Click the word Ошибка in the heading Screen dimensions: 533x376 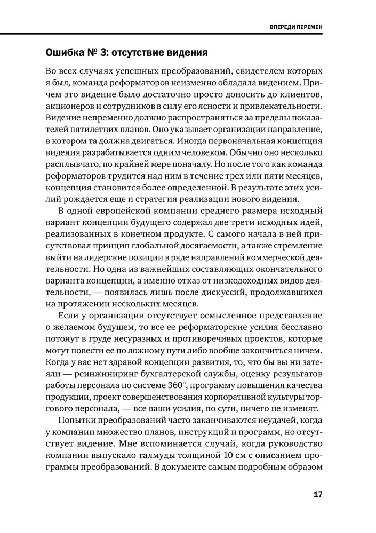(x=67, y=53)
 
